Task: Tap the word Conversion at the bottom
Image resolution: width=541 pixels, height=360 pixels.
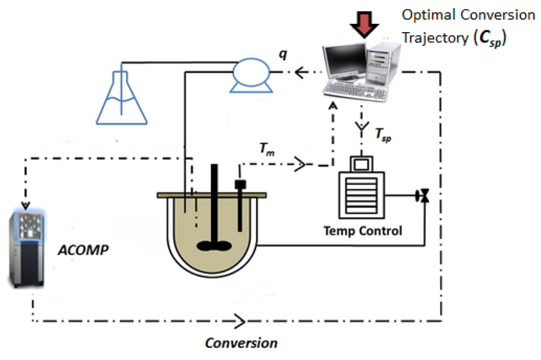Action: point(241,343)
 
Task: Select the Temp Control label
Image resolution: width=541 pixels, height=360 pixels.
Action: point(362,231)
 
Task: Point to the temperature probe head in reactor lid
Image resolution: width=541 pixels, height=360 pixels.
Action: point(240,184)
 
